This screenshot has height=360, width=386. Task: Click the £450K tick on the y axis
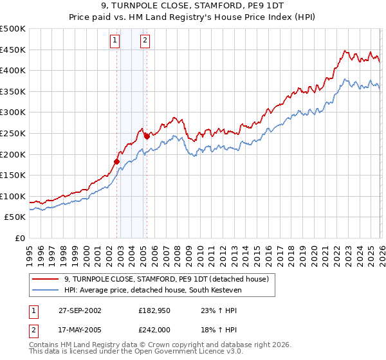click(13, 50)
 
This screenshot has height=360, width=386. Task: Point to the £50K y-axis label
click(15, 217)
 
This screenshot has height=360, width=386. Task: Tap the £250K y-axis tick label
click(13, 133)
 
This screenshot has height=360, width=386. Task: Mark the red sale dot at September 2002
click(117, 161)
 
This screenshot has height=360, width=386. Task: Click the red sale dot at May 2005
click(147, 136)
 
